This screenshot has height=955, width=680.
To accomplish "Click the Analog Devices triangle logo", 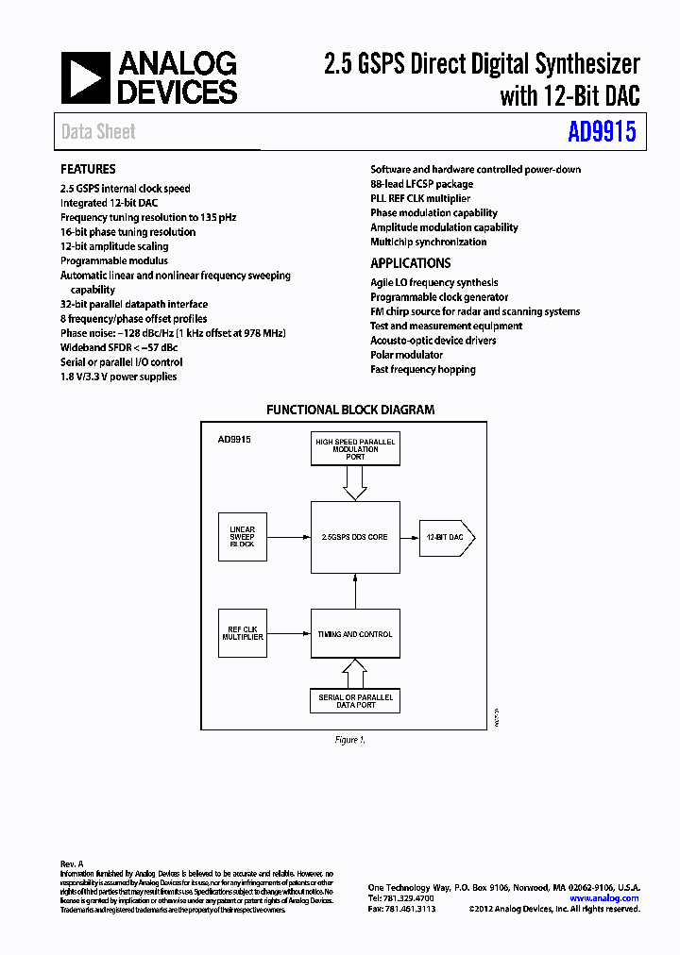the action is pos(85,77).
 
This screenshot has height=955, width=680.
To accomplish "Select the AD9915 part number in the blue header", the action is pos(602,132).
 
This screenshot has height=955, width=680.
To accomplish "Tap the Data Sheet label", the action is pos(98,132).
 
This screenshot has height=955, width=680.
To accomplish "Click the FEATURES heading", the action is pos(88,169).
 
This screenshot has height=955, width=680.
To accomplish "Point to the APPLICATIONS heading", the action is pos(410,263).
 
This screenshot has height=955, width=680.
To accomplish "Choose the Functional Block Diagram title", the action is pos(350,410).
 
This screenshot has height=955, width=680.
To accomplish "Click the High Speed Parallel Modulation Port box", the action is pos(355,449).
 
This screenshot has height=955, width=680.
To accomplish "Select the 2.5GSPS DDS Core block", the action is pos(355,537).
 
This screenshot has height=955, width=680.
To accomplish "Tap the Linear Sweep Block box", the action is pos(243,537).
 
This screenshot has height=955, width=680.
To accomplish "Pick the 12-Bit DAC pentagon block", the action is pos(446,537).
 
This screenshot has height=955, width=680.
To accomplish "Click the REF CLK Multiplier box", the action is pos(243,633).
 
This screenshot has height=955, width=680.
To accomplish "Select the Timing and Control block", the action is pos(355,633).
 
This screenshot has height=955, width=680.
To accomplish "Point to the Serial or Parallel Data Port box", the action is pos(355,700).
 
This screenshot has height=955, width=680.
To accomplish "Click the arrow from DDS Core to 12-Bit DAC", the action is pos(409,537).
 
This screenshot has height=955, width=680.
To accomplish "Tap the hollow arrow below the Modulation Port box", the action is pos(355,483).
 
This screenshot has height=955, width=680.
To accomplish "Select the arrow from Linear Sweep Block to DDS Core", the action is pos(289,537).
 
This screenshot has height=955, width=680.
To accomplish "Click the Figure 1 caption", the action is pos(349,740).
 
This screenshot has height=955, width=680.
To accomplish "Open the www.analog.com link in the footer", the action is pos(604,898).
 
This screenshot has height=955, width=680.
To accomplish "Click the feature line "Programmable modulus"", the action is pos(114,260).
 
